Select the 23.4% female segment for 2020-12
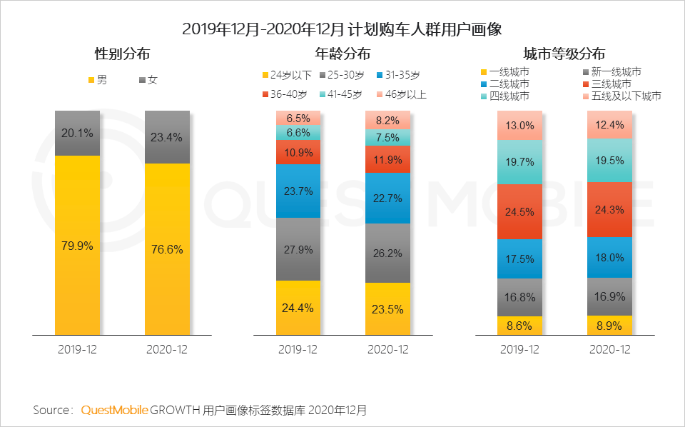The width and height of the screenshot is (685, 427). (167, 137)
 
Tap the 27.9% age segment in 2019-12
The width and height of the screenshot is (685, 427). (298, 249)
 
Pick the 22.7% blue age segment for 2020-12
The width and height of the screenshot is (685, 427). (387, 198)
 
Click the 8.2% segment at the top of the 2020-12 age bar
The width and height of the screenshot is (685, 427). (387, 120)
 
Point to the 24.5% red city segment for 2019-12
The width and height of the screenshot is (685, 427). (519, 212)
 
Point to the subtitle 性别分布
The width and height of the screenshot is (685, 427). (123, 54)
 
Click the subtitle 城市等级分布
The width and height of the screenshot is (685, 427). (564, 54)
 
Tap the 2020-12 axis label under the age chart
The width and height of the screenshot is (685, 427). (387, 350)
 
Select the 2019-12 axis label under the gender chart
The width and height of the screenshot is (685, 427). (77, 350)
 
